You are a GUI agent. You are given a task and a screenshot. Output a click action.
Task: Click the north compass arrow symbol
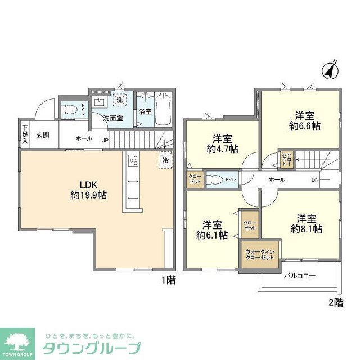click(x=330, y=69)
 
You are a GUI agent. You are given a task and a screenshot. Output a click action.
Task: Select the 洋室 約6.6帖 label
click(x=304, y=120)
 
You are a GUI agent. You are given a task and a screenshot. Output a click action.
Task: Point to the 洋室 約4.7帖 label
click(x=222, y=143)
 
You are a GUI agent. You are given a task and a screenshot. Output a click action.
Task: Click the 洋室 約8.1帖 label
click(x=306, y=223)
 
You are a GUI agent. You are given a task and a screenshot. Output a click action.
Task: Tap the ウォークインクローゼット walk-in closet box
click(x=259, y=253)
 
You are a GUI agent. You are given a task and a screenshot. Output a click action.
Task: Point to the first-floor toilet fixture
click(x=70, y=109)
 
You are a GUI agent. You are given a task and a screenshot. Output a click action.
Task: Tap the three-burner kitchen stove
click(x=134, y=160)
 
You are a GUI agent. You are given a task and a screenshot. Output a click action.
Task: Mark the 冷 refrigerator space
click(x=166, y=160)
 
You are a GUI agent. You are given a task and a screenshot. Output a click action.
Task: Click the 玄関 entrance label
click(x=43, y=135)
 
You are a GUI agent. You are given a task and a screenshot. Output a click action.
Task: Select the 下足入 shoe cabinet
click(x=25, y=134)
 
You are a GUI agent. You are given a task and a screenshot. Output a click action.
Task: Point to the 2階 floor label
click(x=335, y=302)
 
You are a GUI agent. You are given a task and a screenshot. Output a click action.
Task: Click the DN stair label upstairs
click(x=316, y=180)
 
